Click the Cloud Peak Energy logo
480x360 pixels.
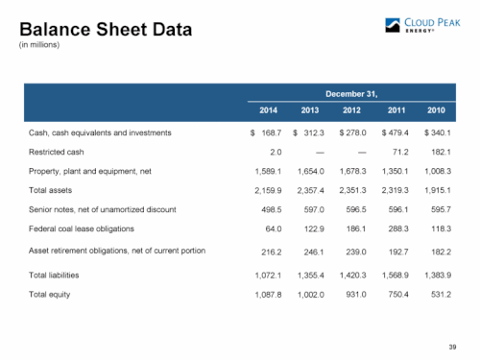tap(422, 25)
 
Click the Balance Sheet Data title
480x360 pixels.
tap(106, 30)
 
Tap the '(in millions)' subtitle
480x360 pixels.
tap(39, 45)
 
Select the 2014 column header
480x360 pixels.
tap(268, 110)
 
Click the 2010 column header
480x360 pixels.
tap(436, 110)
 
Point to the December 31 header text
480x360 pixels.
tap(351, 94)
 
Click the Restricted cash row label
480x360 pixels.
tap(57, 152)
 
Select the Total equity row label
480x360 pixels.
tap(50, 295)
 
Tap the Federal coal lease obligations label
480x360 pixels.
tap(82, 228)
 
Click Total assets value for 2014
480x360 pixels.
tap(268, 191)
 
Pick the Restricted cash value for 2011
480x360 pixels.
tap(400, 152)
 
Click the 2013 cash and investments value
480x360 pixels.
tap(308, 132)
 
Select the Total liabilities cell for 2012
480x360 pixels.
tap(352, 276)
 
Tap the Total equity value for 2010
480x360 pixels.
tap(441, 295)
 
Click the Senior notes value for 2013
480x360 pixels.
tap(314, 210)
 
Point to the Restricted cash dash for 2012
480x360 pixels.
tap(362, 153)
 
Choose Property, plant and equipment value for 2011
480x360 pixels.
tap(396, 172)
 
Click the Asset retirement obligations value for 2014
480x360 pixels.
tap(272, 252)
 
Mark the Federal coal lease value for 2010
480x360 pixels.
tap(441, 228)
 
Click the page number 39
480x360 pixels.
tap(452, 348)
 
